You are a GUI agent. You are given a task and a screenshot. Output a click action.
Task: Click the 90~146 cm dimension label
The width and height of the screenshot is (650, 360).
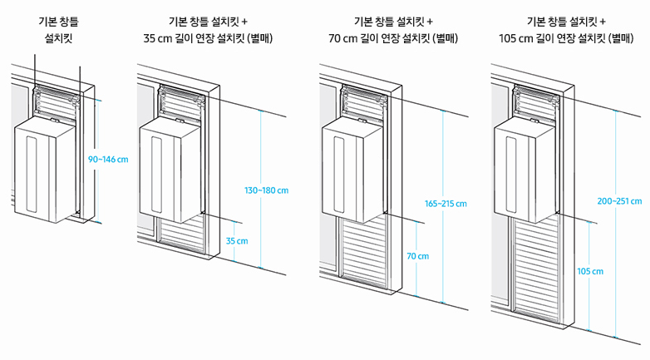107,159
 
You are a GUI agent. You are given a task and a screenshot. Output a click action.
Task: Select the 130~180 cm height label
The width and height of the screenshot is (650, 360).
266,191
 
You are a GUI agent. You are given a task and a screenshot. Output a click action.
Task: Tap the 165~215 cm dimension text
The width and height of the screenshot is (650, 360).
446,204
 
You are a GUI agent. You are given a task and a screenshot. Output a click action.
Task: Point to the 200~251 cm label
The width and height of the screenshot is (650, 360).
618,200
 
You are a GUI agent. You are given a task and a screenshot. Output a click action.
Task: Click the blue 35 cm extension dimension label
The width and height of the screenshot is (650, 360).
237,241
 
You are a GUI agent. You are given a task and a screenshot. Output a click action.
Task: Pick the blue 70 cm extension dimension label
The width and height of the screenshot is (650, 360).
417,257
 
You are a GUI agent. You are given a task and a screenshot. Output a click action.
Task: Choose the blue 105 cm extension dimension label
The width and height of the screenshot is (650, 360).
590,272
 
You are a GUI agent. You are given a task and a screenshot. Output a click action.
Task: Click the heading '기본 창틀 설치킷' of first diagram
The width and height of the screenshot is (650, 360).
59,30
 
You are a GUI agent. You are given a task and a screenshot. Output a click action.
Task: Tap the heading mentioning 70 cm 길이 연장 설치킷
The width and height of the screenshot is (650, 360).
393,30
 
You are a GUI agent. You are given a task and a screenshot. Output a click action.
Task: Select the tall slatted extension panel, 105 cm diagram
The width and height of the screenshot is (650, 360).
536,266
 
